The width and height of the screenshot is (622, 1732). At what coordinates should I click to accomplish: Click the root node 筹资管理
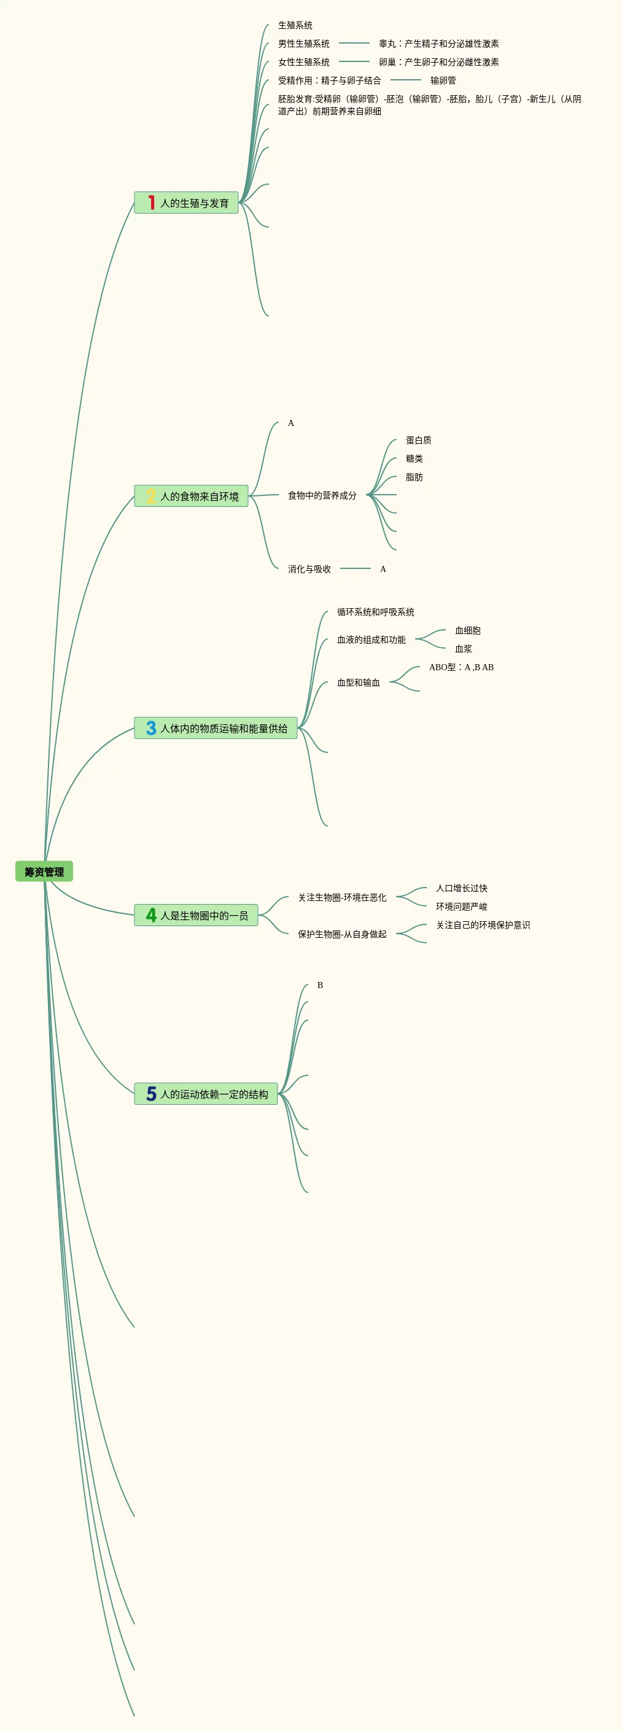point(44,872)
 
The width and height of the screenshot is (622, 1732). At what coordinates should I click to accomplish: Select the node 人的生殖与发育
point(193,203)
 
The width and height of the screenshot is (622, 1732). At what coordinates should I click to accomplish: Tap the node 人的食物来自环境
point(199,496)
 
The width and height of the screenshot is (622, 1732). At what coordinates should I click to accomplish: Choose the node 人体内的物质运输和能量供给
point(224,728)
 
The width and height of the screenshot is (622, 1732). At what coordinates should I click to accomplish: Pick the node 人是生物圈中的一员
point(204,915)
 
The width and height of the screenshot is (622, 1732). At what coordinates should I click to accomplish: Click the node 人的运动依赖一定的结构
point(214,1094)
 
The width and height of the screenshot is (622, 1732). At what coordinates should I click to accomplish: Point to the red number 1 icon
point(151,203)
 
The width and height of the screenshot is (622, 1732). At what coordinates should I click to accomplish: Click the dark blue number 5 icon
point(151,1094)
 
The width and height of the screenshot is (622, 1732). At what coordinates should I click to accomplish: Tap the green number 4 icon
point(151,915)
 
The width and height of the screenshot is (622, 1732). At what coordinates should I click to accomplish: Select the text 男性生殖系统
point(304,44)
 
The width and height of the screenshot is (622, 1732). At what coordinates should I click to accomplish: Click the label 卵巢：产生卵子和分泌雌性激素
point(438,62)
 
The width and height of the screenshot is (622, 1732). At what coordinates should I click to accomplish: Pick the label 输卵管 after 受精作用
point(443,80)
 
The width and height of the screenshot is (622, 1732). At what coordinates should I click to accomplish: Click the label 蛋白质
point(418,441)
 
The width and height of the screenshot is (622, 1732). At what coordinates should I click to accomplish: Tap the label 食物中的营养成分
point(322,495)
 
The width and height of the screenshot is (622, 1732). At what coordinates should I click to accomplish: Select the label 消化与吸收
point(309,569)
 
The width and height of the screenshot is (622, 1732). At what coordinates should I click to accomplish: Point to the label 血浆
point(464,649)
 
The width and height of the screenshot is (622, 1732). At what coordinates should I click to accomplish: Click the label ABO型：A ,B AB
point(461,667)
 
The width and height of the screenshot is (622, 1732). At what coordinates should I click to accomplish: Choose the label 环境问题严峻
point(461,907)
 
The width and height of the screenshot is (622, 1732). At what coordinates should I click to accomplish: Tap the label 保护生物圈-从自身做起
point(342,934)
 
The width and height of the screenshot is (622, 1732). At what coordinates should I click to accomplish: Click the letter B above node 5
point(320,985)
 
